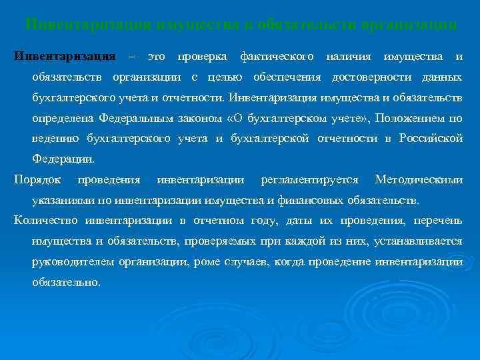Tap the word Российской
[431, 139]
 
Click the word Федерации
[63, 159]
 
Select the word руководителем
[73, 261]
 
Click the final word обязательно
[66, 282]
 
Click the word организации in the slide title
[409, 25]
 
